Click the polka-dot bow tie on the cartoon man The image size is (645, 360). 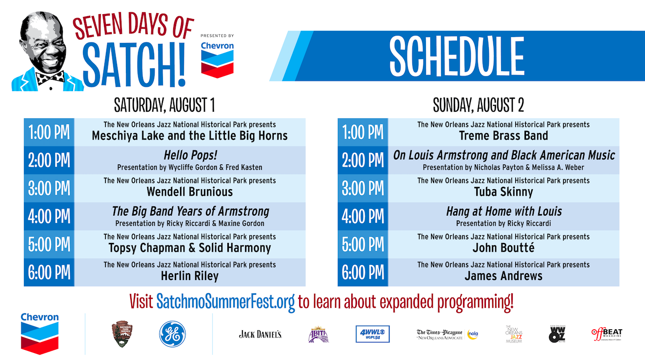coord(51,77)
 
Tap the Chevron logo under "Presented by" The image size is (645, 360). coord(217,59)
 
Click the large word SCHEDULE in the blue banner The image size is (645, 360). coord(457,56)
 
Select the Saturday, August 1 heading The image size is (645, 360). coord(164,105)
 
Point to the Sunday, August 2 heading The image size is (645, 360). coord(478,105)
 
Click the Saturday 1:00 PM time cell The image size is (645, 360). coord(49,132)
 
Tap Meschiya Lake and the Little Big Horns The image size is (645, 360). coord(190,136)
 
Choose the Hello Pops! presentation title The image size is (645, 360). coord(190,156)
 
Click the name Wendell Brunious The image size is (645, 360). coord(190,192)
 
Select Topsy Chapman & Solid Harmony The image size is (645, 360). coord(190,248)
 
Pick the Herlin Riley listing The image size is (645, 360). coord(190,276)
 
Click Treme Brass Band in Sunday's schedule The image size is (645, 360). coord(504,136)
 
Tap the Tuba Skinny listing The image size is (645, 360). coord(504,192)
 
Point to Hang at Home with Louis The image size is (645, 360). coord(504,212)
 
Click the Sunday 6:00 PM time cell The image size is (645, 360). coord(363,272)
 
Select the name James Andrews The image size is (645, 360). coord(504,276)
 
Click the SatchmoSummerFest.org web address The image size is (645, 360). coord(225,302)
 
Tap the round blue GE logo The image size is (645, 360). coord(172,334)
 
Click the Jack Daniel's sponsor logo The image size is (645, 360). coord(260,334)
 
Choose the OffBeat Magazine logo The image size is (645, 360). coord(607,334)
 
